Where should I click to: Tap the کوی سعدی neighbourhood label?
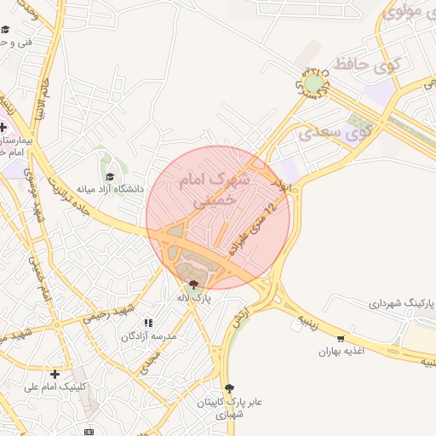332,133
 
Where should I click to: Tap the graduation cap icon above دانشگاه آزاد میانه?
110,176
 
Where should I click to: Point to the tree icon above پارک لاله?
193,285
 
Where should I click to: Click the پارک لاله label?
193,298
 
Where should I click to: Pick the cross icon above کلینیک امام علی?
54,374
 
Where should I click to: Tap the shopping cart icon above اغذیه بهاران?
341,339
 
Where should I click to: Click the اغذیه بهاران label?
341,351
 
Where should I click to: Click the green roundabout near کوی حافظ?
315,83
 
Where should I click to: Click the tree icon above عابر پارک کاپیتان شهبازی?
229,388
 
